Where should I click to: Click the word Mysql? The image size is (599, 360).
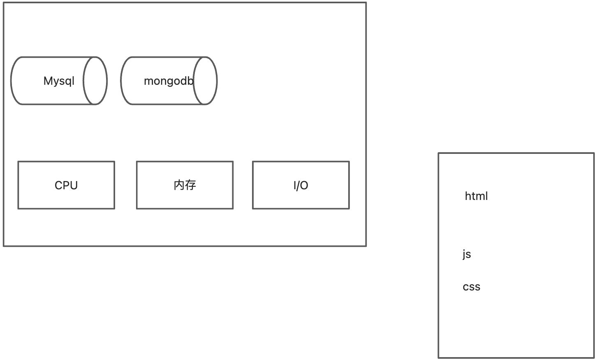[59, 81]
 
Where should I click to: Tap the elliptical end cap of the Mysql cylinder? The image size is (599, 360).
[95, 81]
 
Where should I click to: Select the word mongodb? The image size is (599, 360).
[168, 81]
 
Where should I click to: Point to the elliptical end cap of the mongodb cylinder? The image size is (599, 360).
[205, 81]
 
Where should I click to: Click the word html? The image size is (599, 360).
[476, 196]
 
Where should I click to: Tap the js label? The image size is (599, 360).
[467, 254]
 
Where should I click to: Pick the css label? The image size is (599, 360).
[471, 287]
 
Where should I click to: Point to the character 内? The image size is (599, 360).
[179, 185]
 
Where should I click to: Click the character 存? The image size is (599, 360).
[190, 185]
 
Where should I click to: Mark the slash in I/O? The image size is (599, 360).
[298, 186]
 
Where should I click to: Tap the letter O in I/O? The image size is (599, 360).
[304, 186]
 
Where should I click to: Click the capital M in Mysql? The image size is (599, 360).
[48, 81]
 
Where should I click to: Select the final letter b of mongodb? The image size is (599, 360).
[190, 81]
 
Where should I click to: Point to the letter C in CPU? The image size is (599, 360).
[59, 186]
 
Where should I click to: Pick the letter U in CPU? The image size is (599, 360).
[74, 186]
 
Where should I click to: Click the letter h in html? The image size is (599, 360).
[467, 196]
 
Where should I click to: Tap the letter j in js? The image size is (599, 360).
[464, 255]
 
